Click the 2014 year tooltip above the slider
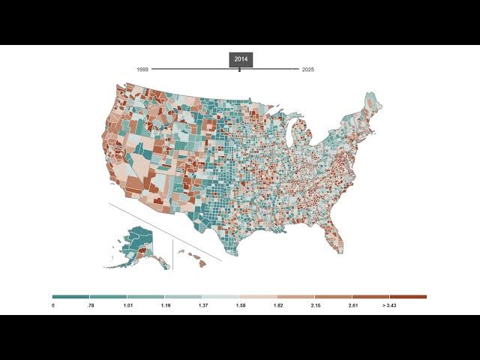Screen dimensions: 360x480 [241, 59]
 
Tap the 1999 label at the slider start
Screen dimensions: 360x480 [142, 70]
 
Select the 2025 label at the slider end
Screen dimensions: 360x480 [308, 70]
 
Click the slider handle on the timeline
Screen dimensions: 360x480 [239, 70]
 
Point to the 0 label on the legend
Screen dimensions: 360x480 [53, 306]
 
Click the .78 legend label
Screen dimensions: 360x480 [90, 306]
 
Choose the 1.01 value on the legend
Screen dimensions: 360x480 [127, 306]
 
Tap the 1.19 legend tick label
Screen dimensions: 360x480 [165, 306]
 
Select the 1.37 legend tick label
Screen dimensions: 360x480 [202, 306]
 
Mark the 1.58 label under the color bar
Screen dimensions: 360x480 [240, 306]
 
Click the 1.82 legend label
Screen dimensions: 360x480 [277, 306]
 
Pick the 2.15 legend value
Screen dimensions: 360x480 [315, 306]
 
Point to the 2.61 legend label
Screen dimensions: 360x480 [352, 306]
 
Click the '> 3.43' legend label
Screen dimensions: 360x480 [389, 306]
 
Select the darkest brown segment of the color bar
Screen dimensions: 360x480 [408, 297]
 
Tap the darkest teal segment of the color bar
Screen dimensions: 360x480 [71, 297]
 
